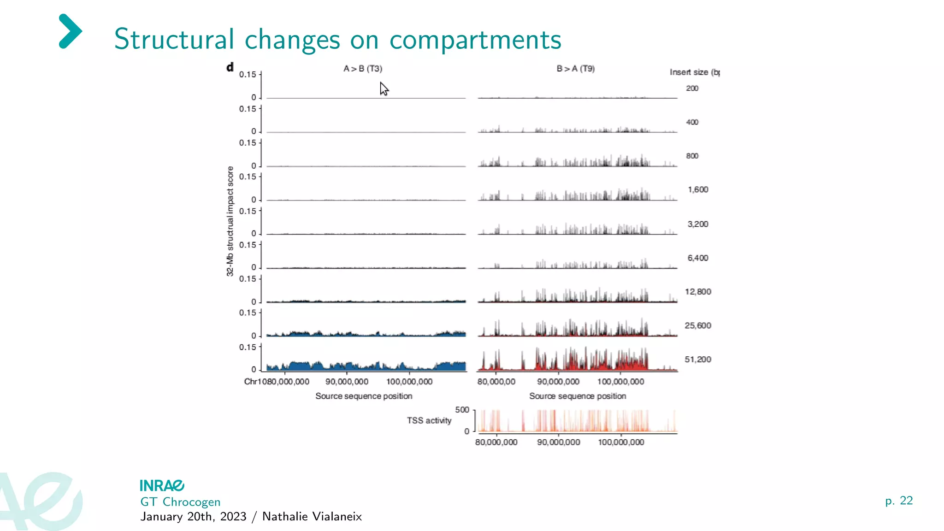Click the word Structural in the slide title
tap(174, 39)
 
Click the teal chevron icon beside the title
tap(70, 31)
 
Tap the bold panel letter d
tap(230, 67)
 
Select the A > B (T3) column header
tap(363, 69)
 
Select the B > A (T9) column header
tap(576, 69)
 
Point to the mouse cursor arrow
tap(384, 88)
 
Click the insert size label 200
tap(692, 88)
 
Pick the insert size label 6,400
tap(698, 258)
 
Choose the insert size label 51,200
tap(698, 360)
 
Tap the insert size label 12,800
tap(698, 292)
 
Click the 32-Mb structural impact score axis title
tap(230, 221)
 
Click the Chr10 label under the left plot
tap(255, 382)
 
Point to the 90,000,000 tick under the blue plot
tap(347, 382)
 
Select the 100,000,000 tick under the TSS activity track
tap(621, 442)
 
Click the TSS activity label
tap(429, 420)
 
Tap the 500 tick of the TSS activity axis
tap(462, 410)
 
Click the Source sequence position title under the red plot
tap(578, 396)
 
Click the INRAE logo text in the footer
tap(162, 486)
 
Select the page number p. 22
tap(899, 501)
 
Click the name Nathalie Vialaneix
tap(312, 517)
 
